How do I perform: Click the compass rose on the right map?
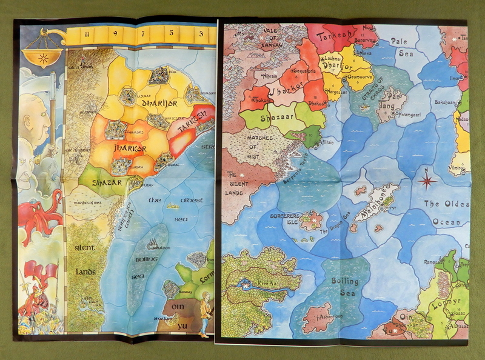[428, 180]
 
